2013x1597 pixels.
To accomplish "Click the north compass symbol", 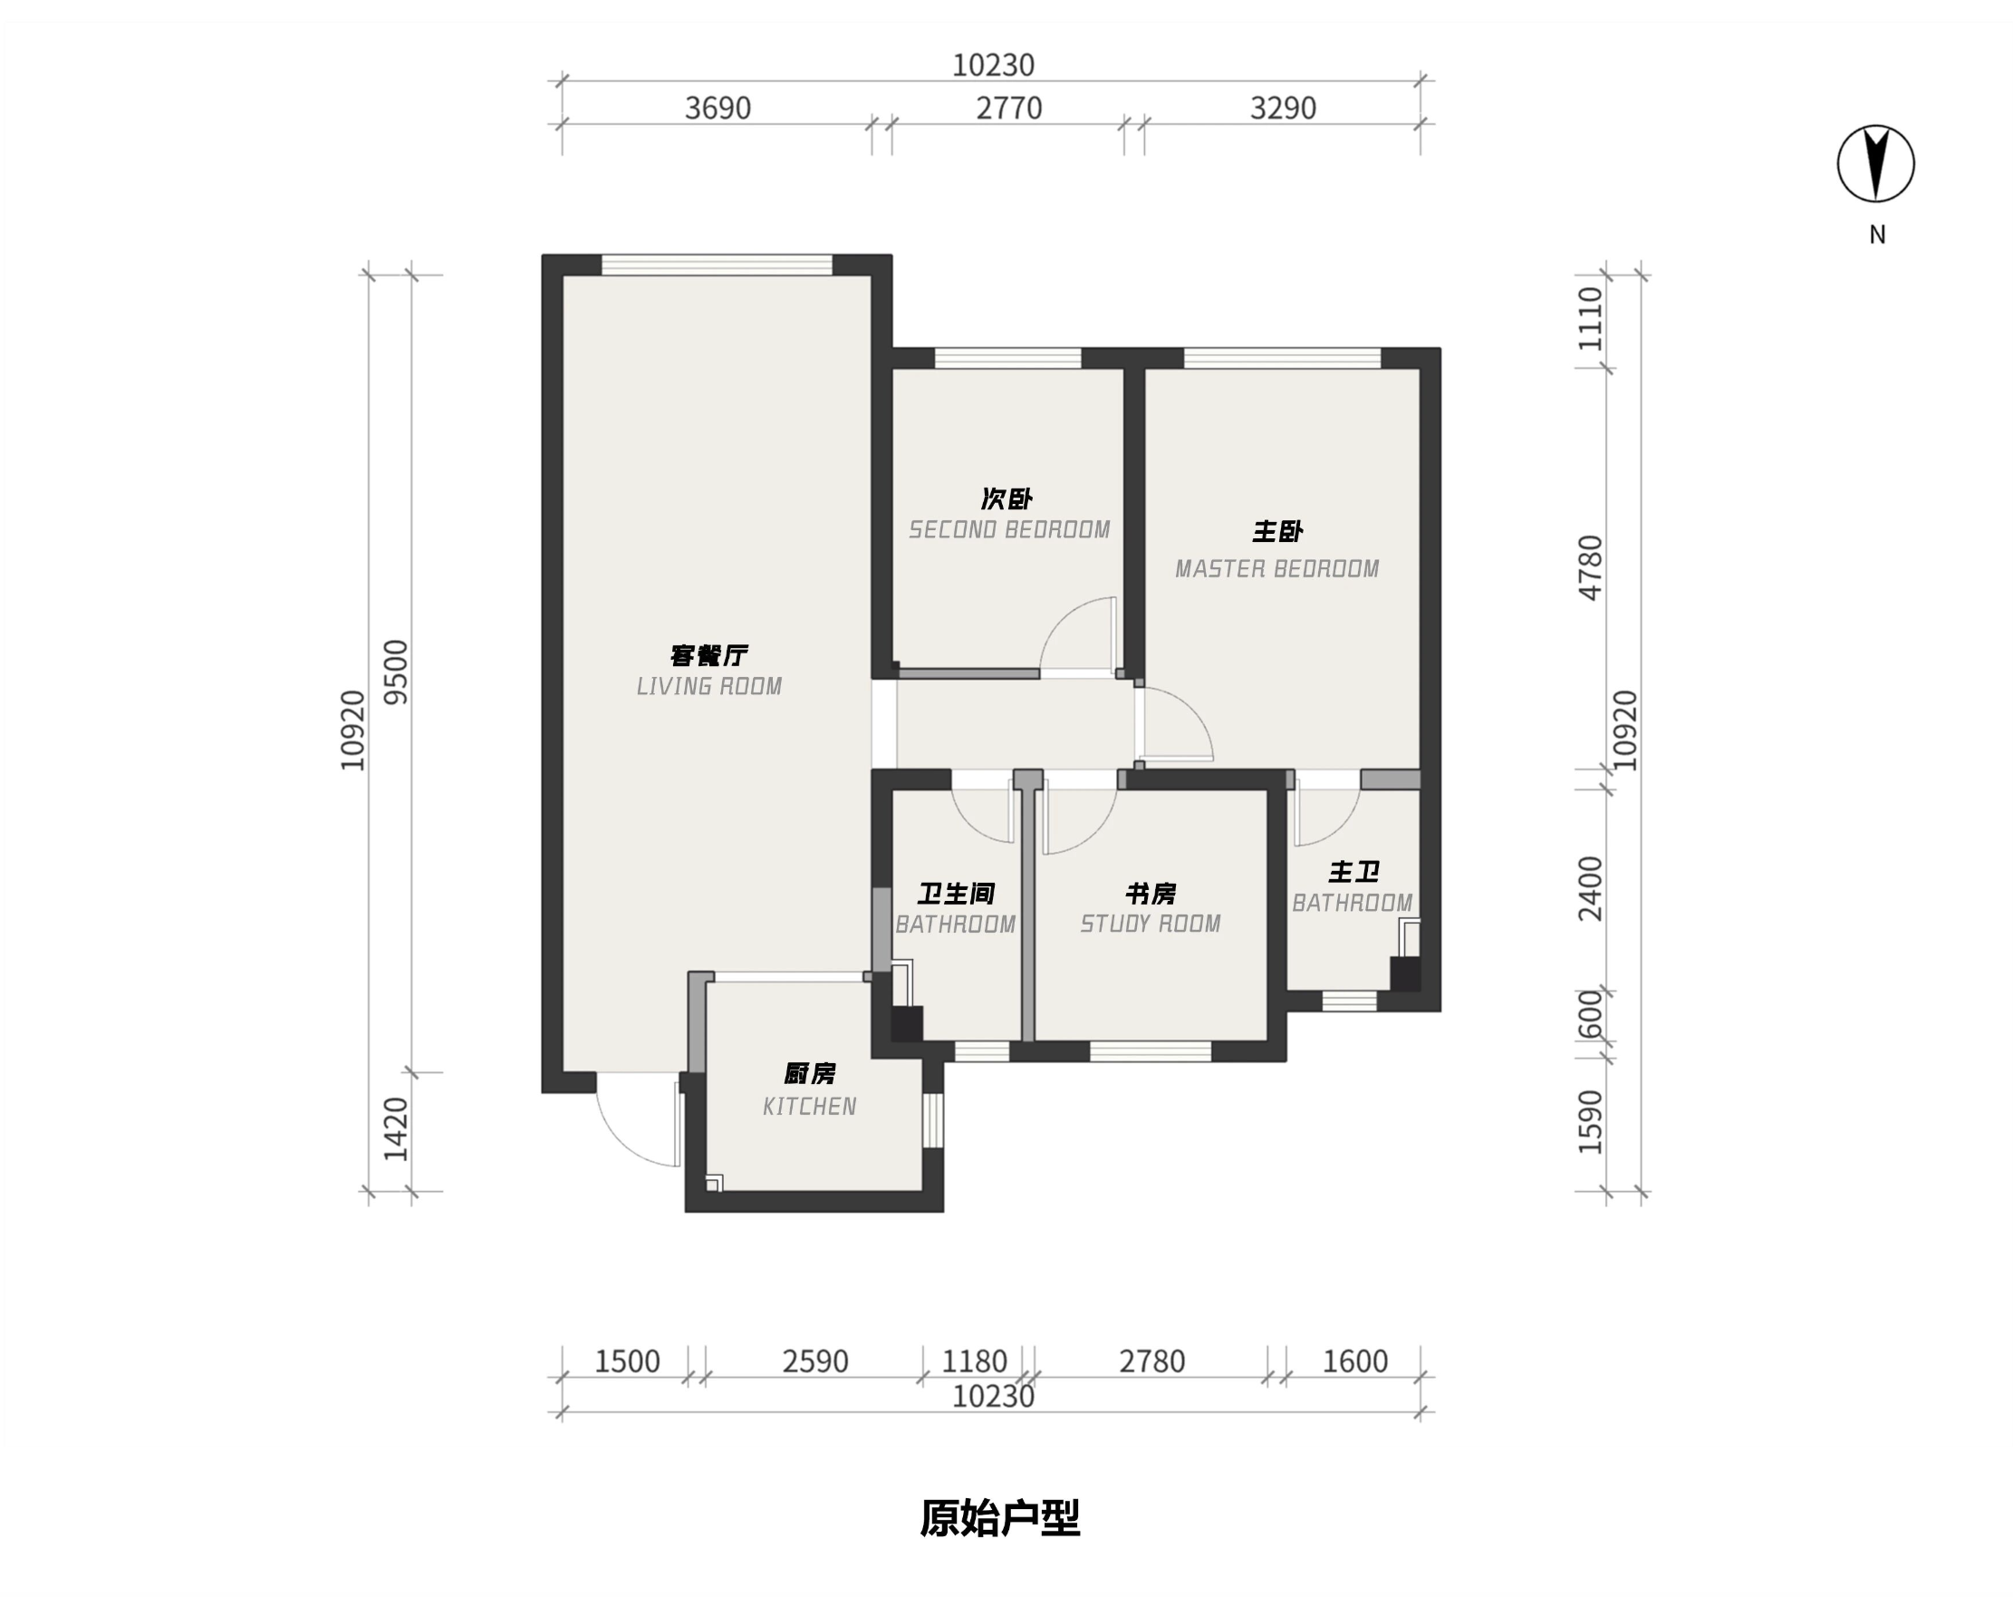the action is [1875, 163].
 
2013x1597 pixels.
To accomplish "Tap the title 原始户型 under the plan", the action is [1000, 1517].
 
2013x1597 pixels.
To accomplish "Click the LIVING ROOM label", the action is [709, 686].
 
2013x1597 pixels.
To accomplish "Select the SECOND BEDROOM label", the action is [1009, 529].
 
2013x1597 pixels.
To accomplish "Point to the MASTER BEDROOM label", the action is [1277, 569].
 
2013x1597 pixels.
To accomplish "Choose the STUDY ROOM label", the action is [1151, 924].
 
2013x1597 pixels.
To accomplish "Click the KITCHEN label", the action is [810, 1107].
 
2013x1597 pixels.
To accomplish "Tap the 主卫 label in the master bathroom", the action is [1353, 872].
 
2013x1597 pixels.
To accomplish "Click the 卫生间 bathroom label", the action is [956, 894].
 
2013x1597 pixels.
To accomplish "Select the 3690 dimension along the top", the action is [718, 109].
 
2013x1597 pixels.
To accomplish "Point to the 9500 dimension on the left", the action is [397, 673].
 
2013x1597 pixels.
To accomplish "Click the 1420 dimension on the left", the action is [397, 1130].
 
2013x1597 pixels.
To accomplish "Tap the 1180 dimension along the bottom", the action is [974, 1361].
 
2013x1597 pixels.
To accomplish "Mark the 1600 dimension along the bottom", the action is [1354, 1361].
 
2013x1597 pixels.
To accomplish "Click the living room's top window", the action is [718, 265].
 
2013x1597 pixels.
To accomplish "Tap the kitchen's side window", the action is [933, 1119].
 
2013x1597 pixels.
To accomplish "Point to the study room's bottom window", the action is [1151, 1051].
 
